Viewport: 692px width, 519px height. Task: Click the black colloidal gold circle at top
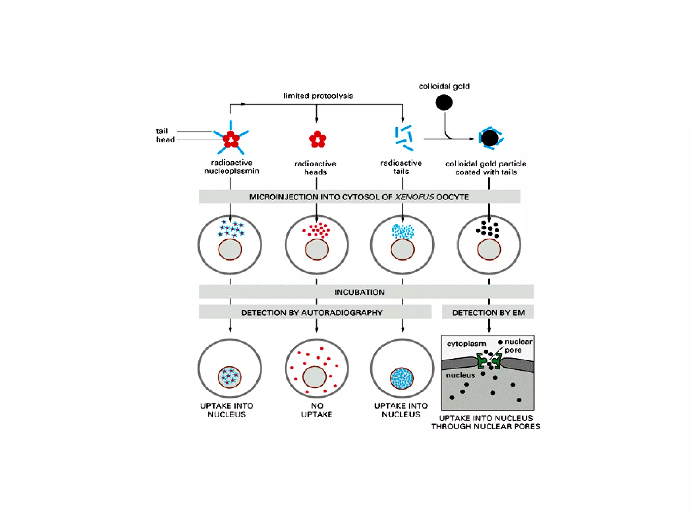444,102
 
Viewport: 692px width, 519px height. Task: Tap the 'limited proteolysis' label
318,96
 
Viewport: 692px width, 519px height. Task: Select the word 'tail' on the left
162,131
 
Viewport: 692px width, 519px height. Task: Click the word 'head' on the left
165,139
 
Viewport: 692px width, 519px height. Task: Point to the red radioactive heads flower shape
317,139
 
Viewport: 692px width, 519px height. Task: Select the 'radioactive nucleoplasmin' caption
231,167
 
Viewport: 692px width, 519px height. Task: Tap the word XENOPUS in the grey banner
414,197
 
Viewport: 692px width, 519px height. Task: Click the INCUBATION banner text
359,292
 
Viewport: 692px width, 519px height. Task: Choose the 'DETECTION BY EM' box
488,313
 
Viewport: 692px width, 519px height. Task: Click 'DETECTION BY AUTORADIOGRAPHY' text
312,313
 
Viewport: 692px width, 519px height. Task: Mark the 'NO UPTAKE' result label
317,410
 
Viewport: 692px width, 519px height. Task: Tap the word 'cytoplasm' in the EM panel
466,344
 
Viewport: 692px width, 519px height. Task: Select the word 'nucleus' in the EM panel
461,375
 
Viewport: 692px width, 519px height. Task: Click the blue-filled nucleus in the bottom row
402,378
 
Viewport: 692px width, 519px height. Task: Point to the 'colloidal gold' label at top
444,86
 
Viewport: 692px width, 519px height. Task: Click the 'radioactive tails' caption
401,167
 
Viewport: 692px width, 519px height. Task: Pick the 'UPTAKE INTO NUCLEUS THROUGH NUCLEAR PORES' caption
486,422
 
